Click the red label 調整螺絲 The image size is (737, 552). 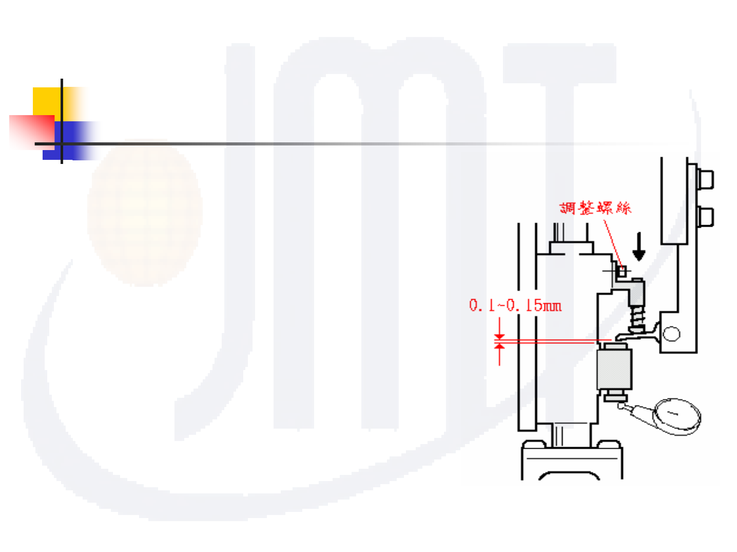click(x=595, y=208)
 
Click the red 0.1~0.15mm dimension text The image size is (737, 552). click(x=515, y=305)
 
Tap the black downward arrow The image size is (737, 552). click(x=639, y=247)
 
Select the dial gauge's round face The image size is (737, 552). click(x=677, y=415)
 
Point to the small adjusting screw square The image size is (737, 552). click(x=622, y=271)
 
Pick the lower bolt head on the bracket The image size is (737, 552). click(x=706, y=216)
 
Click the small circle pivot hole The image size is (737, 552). click(x=671, y=334)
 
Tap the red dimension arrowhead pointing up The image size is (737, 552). click(x=499, y=347)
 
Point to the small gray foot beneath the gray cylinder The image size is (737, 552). click(x=615, y=396)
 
